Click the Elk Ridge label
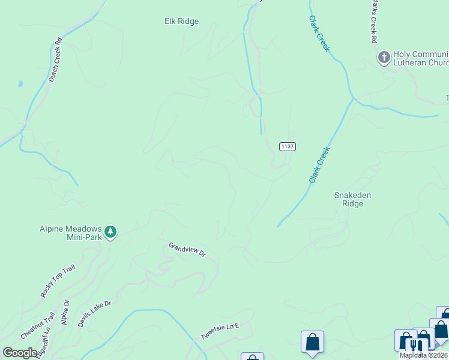(181, 22)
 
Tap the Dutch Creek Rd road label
(55, 61)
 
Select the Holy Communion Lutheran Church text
(421, 58)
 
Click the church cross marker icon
(383, 58)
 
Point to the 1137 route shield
(287, 146)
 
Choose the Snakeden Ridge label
(352, 199)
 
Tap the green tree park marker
(110, 232)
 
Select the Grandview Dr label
(187, 250)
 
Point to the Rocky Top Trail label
(58, 281)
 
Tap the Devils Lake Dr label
(95, 313)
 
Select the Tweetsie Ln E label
(220, 331)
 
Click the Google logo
(20, 352)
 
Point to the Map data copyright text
(424, 355)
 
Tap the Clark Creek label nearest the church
(319, 34)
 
